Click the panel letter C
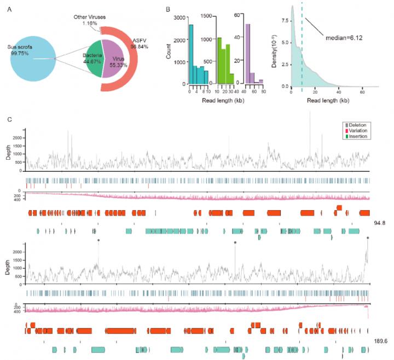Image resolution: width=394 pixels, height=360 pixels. (x=9, y=119)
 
